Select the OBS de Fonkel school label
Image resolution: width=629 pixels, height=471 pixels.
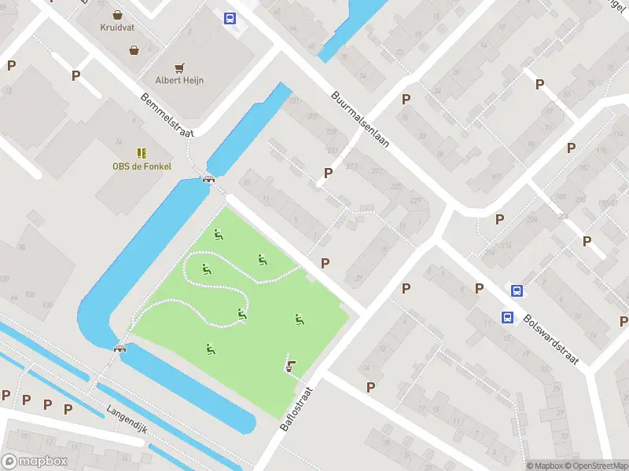142,166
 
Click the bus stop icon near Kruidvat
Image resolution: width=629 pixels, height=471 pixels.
230,18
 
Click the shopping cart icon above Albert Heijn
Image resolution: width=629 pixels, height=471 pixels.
180,68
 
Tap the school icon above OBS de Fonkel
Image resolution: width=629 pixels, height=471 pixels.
142,153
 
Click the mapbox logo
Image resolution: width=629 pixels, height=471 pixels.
35,462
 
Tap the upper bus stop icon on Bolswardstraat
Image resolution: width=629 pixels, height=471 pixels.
517,290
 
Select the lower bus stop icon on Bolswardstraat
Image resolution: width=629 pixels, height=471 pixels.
508,317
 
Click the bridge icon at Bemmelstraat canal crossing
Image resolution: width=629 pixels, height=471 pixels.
209,178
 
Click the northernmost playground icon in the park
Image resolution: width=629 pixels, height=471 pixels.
218,233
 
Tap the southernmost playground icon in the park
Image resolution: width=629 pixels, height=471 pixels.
210,349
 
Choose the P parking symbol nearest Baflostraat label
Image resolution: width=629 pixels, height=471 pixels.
370,387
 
